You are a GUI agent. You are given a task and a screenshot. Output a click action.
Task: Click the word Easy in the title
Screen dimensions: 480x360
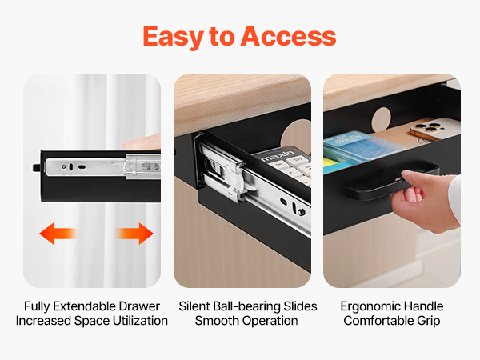pyautogui.click(x=174, y=37)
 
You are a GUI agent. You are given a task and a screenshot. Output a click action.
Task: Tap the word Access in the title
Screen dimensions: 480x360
pyautogui.click(x=288, y=37)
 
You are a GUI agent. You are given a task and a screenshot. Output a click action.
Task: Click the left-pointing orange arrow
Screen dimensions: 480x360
pyautogui.click(x=58, y=234)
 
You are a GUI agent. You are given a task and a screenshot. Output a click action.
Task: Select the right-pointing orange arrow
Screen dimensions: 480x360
pyautogui.click(x=134, y=234)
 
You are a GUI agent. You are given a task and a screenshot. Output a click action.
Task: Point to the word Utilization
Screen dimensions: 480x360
pyautogui.click(x=140, y=321)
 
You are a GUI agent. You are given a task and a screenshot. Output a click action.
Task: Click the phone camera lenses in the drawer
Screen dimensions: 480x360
pyautogui.click(x=426, y=128)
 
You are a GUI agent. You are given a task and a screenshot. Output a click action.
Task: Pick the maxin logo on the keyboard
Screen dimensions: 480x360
pyautogui.click(x=278, y=155)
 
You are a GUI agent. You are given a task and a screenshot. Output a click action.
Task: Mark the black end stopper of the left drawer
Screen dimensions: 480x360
pyautogui.click(x=37, y=167)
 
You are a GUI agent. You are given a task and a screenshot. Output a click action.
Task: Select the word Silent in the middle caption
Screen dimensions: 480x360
pyautogui.click(x=194, y=306)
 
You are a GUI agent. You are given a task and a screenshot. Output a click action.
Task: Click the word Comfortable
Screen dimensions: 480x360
pyautogui.click(x=378, y=321)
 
